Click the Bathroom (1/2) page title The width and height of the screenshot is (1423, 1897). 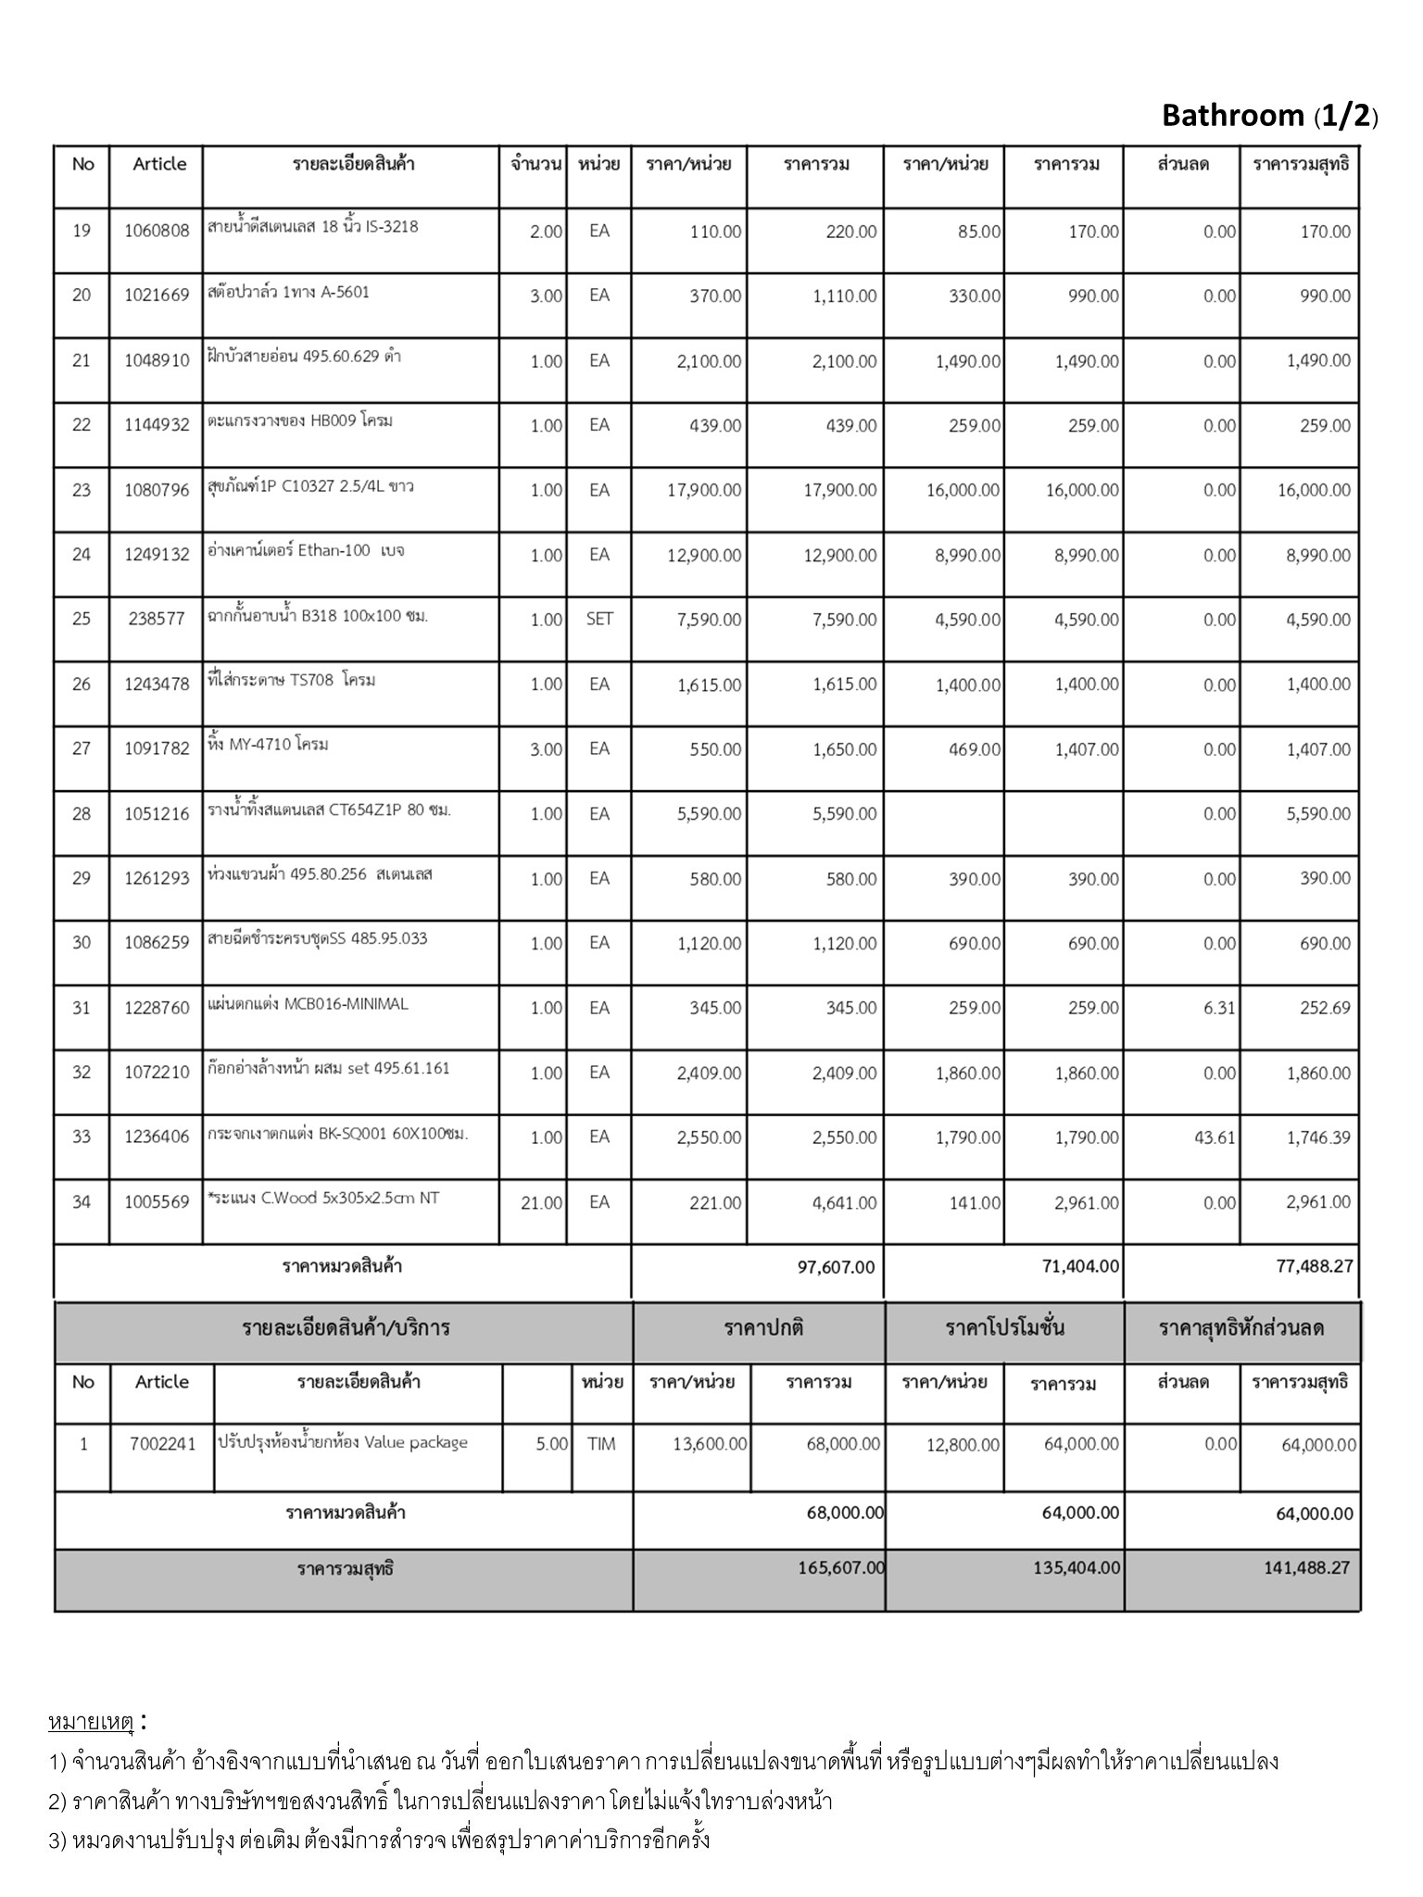(1269, 116)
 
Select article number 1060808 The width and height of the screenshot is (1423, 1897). (157, 231)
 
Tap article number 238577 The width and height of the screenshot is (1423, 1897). (157, 620)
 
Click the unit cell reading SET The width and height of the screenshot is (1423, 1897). (599, 619)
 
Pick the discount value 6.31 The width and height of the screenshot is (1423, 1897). (1219, 1008)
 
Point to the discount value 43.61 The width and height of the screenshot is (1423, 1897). (1215, 1137)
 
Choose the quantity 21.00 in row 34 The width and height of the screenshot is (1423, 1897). (542, 1202)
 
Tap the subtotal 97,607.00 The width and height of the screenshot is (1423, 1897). (836, 1267)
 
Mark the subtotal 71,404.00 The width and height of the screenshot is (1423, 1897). (1081, 1266)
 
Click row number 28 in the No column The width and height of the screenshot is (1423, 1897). (82, 813)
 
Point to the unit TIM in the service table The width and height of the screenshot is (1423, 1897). (601, 1444)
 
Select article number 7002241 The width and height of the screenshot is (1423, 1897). (162, 1444)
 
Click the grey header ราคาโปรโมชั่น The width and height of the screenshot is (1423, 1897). (1004, 1328)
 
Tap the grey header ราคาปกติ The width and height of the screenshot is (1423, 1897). (763, 1328)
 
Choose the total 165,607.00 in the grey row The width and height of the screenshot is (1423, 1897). (841, 1568)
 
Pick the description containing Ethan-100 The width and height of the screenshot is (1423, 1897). (306, 551)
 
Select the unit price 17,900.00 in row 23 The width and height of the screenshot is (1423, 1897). (704, 490)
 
